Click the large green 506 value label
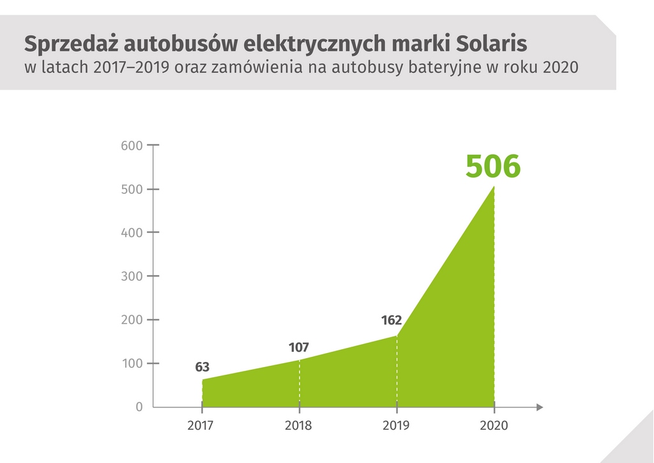(493, 166)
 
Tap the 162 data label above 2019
(391, 320)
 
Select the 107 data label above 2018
(298, 348)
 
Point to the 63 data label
(202, 367)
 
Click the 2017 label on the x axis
(201, 425)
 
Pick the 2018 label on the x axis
(299, 425)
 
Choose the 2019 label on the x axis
(397, 425)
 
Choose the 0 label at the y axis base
(139, 407)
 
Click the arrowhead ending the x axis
(540, 407)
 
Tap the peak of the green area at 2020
(494, 187)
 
